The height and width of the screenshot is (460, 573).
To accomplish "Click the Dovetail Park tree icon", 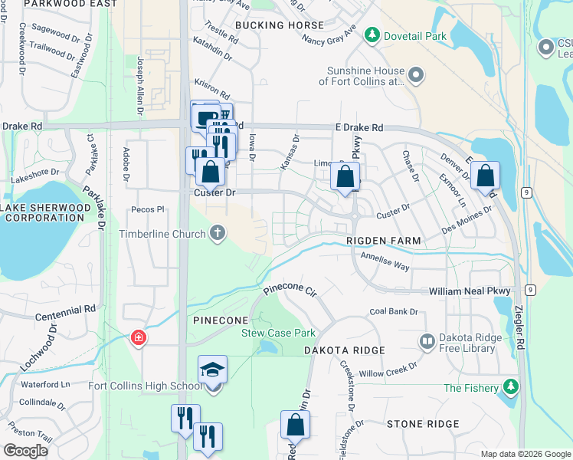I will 372,35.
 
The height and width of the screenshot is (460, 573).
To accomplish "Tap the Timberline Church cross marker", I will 218,233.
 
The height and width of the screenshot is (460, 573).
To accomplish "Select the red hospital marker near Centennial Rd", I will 139,337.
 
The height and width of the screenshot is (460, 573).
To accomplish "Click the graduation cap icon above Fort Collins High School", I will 212,371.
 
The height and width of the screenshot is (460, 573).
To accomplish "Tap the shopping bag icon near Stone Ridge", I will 295,426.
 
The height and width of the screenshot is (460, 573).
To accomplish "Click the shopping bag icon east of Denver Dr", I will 485,176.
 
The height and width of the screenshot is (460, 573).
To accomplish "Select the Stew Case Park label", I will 278,333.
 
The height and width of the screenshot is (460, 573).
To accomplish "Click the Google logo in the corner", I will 25,451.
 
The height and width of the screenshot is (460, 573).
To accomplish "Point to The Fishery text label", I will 469,388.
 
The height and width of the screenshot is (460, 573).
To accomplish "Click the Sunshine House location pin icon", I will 415,75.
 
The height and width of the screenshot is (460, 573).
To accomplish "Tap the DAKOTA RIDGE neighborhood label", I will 344,350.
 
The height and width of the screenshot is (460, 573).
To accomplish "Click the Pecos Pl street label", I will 149,209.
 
